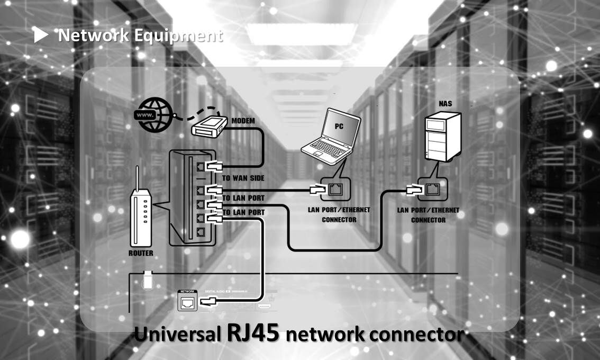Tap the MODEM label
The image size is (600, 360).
coord(243,121)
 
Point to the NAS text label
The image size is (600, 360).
coord(445,103)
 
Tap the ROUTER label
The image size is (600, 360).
coord(141,253)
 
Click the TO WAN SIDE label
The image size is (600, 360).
coord(243,178)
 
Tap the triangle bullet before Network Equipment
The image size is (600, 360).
coord(41,35)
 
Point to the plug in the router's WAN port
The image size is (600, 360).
coord(215,166)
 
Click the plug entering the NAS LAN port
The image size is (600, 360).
coord(413,188)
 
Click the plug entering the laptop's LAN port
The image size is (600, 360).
coord(316,188)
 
